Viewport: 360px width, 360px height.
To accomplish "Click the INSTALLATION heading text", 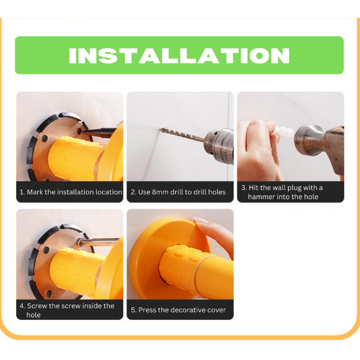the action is (179, 56).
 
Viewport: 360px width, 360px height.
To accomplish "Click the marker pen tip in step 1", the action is (81, 132).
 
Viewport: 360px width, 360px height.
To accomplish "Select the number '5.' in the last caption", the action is (134, 310).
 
